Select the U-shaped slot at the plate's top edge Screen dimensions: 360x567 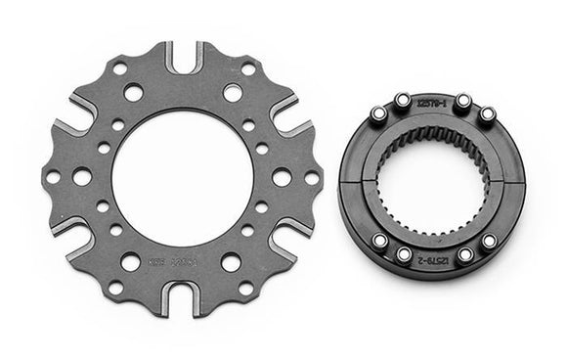(x=184, y=59)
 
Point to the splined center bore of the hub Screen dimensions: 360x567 (x=432, y=184)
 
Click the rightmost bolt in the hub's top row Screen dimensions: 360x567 (x=486, y=114)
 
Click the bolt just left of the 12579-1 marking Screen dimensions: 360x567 (x=402, y=100)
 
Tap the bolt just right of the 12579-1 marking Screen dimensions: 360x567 (x=464, y=101)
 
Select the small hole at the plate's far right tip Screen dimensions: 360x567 (x=312, y=178)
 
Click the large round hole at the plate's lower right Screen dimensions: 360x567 (x=232, y=262)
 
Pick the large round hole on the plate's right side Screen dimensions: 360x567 (x=282, y=178)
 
